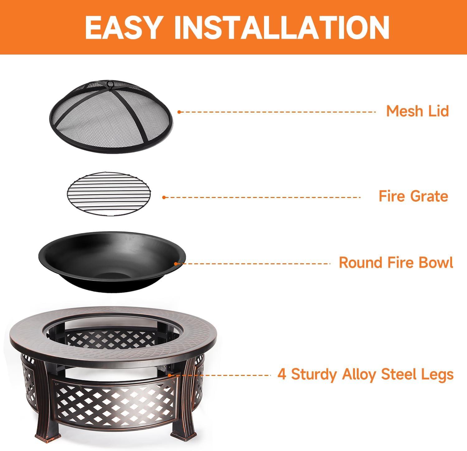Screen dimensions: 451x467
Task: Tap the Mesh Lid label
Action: (417, 111)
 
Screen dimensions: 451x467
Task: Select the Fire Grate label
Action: (413, 196)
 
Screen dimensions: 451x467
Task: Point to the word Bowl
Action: (436, 262)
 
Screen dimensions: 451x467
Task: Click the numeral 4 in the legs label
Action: (282, 374)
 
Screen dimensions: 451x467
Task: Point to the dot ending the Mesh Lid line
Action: (179, 112)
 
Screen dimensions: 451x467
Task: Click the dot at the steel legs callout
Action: (170, 375)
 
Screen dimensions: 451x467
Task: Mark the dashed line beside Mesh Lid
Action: (277, 112)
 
